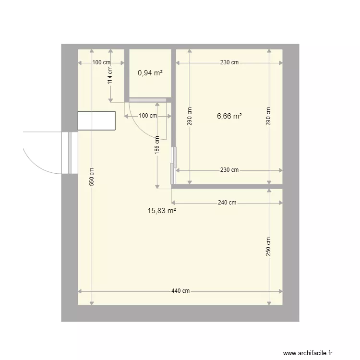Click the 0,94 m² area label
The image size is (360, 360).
(150, 73)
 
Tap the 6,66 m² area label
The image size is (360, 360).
(229, 116)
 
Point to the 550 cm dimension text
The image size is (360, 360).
(92, 176)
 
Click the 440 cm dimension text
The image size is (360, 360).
(180, 291)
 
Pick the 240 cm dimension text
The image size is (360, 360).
(227, 203)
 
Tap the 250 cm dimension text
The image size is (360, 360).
(268, 247)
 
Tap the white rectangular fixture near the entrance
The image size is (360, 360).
(96, 120)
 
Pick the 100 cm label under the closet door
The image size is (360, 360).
(148, 116)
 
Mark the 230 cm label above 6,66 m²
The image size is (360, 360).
(229, 62)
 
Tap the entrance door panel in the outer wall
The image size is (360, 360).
(70, 153)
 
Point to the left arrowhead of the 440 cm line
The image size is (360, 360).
(80, 291)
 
